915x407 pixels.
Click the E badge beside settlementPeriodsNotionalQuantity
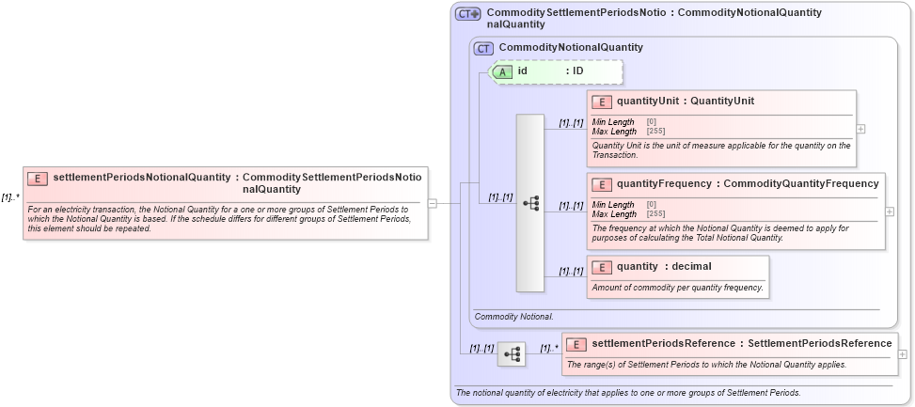point(38,179)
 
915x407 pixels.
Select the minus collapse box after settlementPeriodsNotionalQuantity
point(433,201)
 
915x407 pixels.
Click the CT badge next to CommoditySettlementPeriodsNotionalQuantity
point(467,14)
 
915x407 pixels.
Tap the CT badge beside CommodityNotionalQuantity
point(483,48)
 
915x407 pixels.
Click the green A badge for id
point(503,71)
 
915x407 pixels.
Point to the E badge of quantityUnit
point(602,102)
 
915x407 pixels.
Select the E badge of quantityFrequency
point(602,184)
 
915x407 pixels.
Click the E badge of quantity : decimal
point(602,267)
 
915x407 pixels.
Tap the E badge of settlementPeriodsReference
point(576,344)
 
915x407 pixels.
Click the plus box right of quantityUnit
point(861,129)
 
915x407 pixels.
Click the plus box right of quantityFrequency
point(890,211)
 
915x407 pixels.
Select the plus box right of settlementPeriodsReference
point(903,354)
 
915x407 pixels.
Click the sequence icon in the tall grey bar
point(530,202)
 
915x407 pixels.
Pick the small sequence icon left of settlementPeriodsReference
point(512,354)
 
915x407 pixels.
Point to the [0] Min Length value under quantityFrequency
point(652,204)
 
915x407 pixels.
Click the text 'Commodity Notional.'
point(514,317)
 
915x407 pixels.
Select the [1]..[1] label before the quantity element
point(571,272)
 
